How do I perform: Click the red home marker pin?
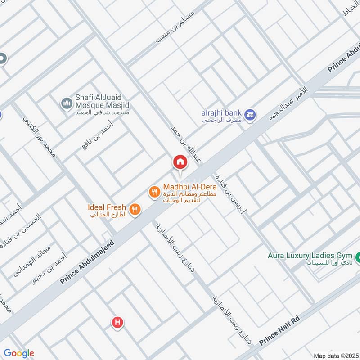(x=180, y=162)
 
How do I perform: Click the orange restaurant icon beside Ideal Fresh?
(x=135, y=209)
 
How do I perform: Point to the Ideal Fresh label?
(x=107, y=207)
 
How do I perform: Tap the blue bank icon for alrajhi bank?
(x=251, y=114)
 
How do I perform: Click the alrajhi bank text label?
(x=222, y=113)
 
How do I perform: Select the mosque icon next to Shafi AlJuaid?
(x=67, y=104)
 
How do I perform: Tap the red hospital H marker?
(x=117, y=322)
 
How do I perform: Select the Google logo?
(x=18, y=353)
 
